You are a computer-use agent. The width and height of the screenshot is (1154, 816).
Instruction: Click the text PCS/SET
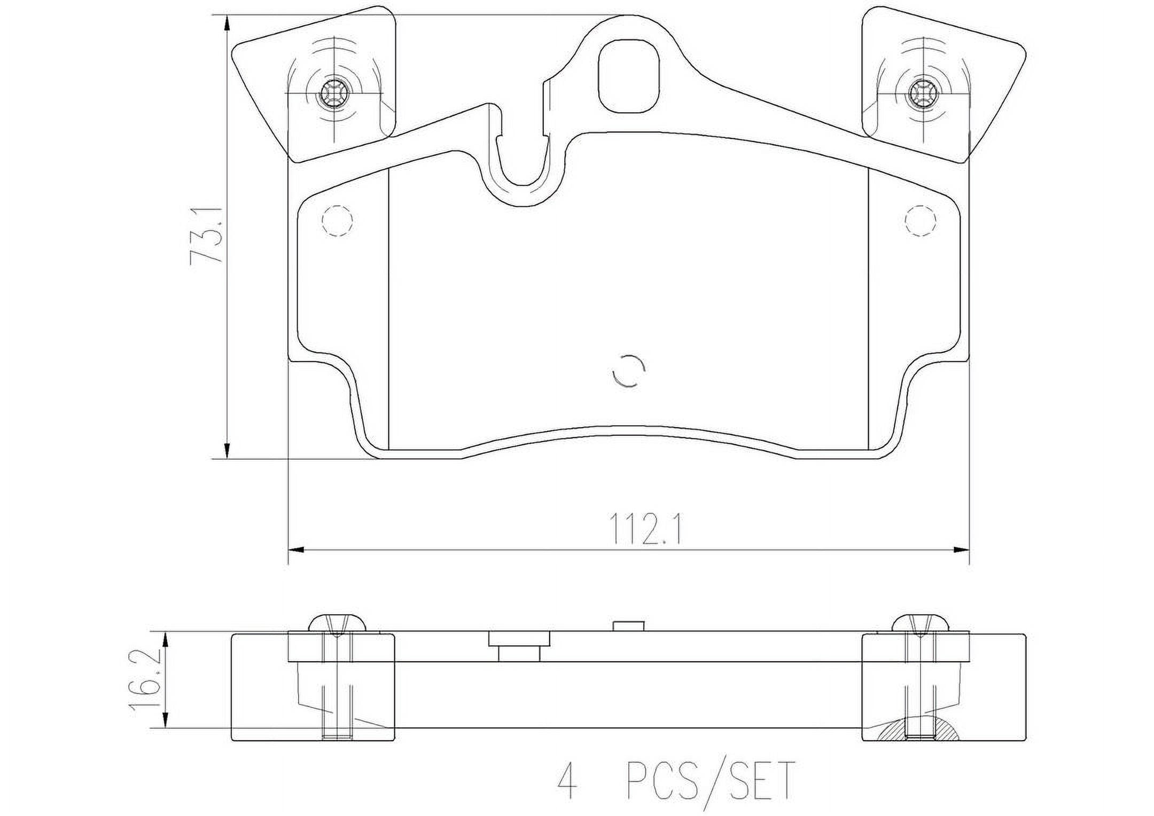pyautogui.click(x=711, y=781)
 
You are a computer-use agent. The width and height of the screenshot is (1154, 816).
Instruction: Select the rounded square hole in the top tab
pyautogui.click(x=629, y=76)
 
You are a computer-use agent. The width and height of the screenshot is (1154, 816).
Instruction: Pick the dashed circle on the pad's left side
pyautogui.click(x=338, y=220)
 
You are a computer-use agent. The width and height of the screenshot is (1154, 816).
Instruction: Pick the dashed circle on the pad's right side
pyautogui.click(x=921, y=220)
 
